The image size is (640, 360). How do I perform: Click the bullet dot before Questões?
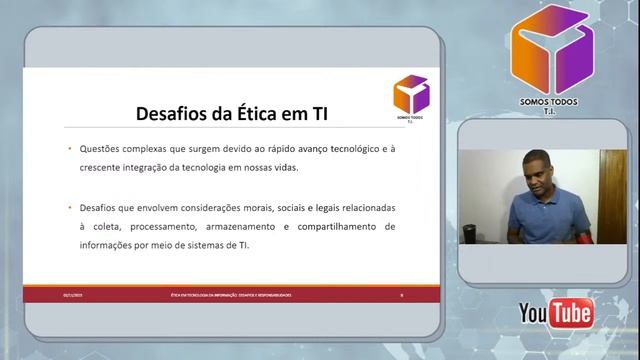[x=69, y=148]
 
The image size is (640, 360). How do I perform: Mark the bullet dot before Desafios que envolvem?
[x=69, y=207]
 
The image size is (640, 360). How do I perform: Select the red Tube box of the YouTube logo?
[x=573, y=313]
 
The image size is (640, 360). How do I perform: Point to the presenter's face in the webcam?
[x=537, y=171]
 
